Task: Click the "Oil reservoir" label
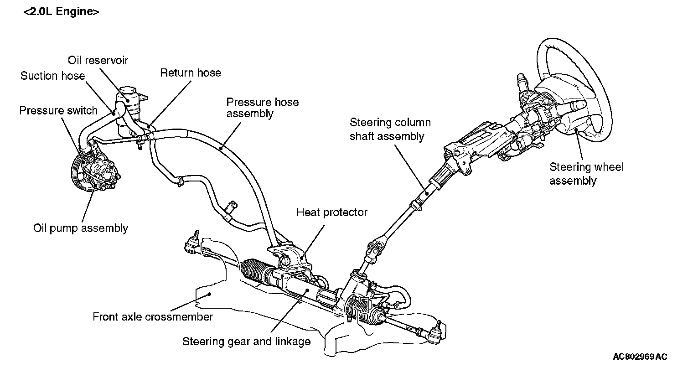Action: pos(98,60)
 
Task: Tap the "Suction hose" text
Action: pos(52,76)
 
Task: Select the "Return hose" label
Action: pos(191,72)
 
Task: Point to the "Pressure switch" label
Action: pos(58,110)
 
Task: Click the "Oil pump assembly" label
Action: pos(81,228)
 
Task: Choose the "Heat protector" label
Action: pos(332,212)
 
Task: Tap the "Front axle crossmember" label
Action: pos(153,316)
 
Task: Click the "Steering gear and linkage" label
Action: pos(246,341)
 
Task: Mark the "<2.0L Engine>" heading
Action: pos(61,12)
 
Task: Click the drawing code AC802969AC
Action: pos(640,357)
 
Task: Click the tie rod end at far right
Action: pos(434,332)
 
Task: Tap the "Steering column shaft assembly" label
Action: pos(390,129)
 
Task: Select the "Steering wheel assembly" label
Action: pos(586,174)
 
